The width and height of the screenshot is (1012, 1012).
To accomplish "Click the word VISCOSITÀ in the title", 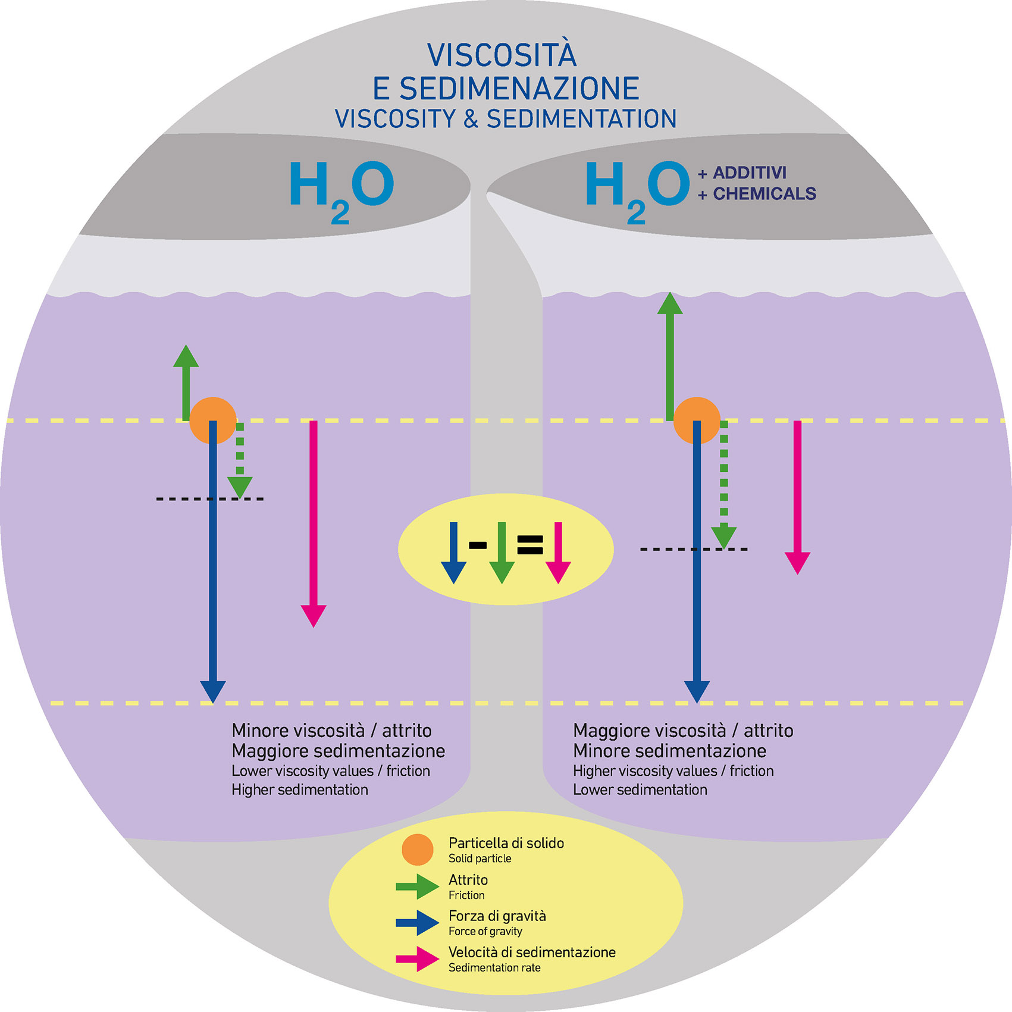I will coord(502,55).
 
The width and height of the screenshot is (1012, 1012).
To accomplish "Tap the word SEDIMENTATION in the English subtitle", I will coord(581,119).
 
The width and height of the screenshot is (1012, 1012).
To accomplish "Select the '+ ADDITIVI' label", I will coord(742,173).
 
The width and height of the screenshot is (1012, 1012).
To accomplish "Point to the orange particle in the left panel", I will coord(212,420).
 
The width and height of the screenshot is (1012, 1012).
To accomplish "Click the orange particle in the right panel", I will coord(697,420).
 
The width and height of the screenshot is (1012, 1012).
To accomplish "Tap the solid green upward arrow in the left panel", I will coord(186,381).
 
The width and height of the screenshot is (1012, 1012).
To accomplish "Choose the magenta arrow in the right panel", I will coord(797,494).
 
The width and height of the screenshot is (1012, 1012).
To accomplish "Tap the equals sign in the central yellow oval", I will coord(530,544).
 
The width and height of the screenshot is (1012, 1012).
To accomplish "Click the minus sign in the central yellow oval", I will coord(478,544).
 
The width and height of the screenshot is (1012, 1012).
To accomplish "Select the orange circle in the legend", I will coord(417,850).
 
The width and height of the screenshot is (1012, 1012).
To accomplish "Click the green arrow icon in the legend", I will coord(417,886).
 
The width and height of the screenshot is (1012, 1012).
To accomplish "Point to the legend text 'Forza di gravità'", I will coord(497,916).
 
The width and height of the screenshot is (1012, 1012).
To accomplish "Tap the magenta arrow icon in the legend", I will coord(417,959).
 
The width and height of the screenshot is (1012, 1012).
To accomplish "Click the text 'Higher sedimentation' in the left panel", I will coord(300,790).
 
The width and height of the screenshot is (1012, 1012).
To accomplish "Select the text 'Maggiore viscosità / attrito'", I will coord(683,731).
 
